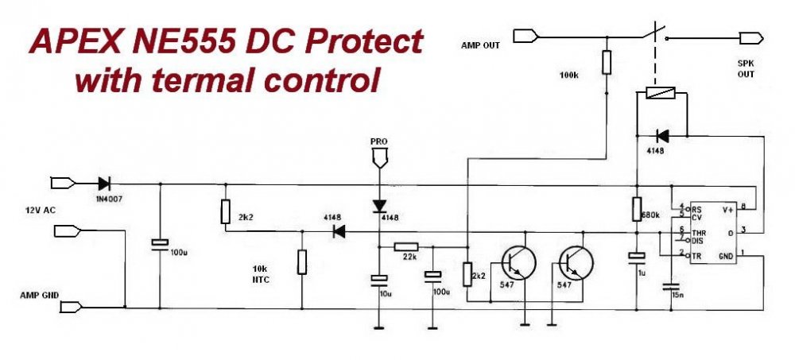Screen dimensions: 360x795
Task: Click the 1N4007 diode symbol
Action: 103,184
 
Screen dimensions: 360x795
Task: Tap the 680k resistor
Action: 636,209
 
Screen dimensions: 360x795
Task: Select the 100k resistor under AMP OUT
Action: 606,62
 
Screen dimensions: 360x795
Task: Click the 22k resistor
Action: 405,248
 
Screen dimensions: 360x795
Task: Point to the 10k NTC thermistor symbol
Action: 302,262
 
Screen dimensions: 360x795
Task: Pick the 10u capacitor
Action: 379,280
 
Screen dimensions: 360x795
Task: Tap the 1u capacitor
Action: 636,257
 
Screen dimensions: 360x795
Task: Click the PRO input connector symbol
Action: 379,156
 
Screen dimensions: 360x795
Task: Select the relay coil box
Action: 660,94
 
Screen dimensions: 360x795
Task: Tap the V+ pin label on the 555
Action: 726,210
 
